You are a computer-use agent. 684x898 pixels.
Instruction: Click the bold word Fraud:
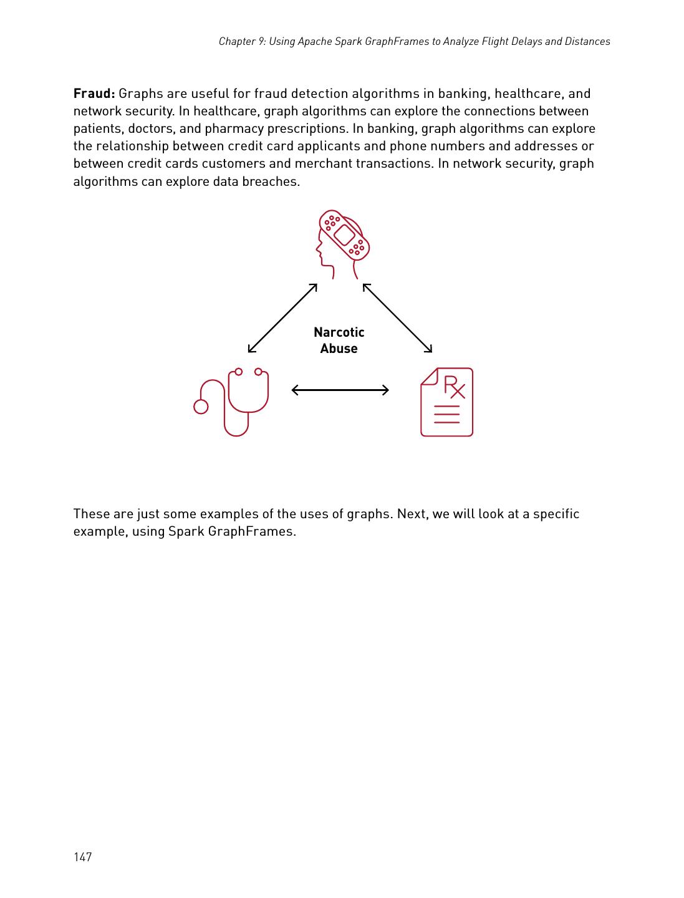94,94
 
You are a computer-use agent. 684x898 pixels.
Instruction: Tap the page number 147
83,857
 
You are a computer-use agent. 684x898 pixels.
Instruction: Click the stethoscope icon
234,402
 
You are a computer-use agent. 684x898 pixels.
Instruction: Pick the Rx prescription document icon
446,402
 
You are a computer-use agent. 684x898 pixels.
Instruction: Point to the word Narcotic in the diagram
339,332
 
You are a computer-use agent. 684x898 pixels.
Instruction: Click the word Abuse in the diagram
339,349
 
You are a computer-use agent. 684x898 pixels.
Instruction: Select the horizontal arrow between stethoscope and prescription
340,390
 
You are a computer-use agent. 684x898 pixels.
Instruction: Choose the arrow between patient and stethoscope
282,318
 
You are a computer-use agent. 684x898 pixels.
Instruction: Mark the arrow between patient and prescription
397,318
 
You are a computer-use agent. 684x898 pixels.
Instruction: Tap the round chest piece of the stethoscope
201,407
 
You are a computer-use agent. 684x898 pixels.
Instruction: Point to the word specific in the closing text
556,514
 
